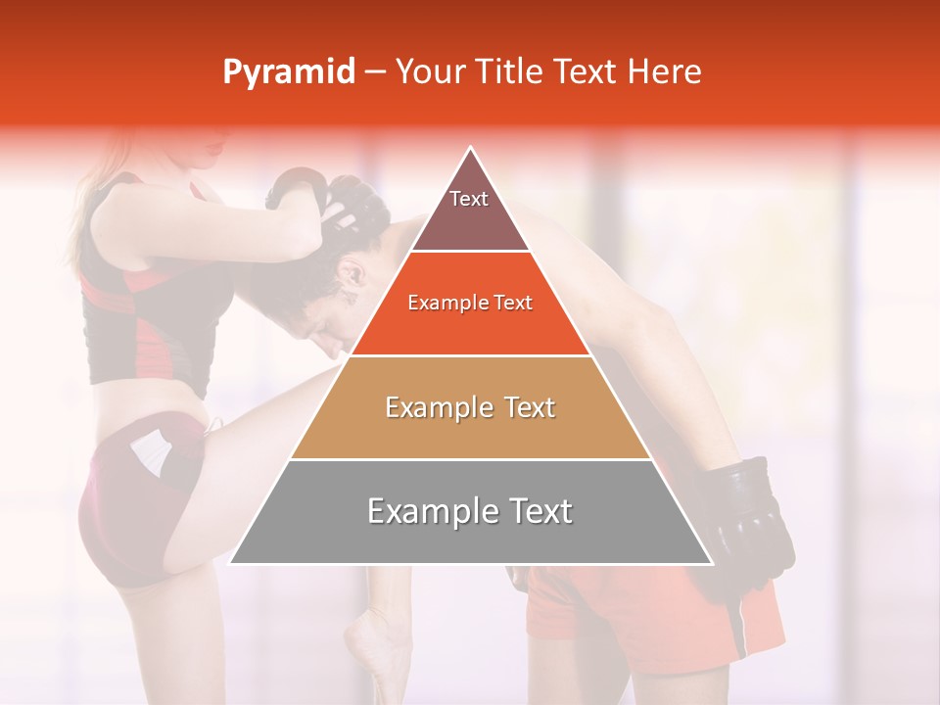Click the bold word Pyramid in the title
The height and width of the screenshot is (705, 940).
tap(289, 72)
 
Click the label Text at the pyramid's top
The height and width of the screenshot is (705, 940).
tap(469, 199)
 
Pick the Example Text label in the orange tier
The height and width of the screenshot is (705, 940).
tap(470, 303)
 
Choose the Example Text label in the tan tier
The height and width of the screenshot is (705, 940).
tap(470, 407)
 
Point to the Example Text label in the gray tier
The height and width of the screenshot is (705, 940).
tap(470, 511)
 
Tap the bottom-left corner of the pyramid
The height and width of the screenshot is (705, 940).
tap(231, 563)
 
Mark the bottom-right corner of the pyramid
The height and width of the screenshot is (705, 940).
tap(711, 563)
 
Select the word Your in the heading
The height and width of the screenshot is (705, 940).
tap(429, 71)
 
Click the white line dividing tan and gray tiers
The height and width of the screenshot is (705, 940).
tap(470, 459)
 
